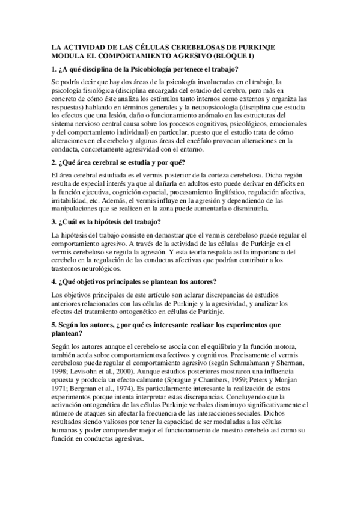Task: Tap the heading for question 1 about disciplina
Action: point(145,68)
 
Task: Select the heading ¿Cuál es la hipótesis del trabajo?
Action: point(106,221)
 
